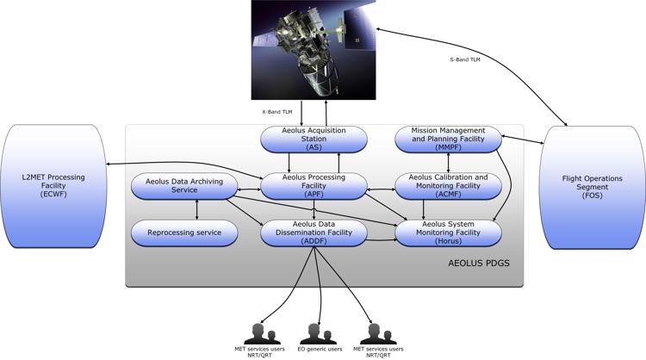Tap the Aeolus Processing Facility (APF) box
pos(314,184)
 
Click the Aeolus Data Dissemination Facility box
pos(314,232)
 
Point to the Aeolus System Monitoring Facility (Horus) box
pos(448,232)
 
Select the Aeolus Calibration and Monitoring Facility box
pos(448,184)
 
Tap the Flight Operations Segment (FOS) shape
pos(592,186)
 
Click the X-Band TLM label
pos(278,111)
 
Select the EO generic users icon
pos(319,332)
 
